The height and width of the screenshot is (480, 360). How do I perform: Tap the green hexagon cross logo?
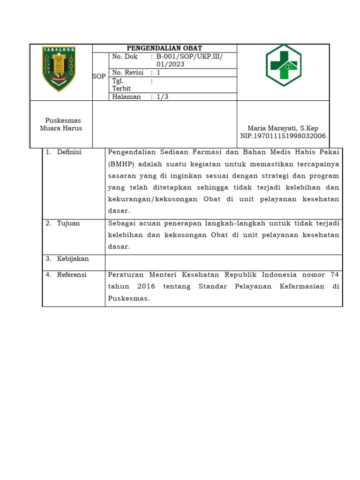[284, 65]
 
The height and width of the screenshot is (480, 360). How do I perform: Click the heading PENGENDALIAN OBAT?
[165, 48]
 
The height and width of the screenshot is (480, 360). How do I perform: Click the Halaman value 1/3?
[162, 97]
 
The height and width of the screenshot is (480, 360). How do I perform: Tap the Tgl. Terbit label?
[121, 85]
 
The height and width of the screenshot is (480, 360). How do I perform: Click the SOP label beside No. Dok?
[99, 76]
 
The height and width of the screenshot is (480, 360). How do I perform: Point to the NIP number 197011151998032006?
[283, 136]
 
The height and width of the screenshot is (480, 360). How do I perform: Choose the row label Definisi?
[69, 152]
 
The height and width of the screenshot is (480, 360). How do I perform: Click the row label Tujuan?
[68, 223]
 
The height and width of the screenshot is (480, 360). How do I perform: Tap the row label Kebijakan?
[73, 259]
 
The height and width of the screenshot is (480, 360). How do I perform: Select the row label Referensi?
[72, 275]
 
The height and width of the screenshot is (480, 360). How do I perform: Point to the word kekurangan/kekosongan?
[153, 199]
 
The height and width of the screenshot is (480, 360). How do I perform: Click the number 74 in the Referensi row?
[335, 275]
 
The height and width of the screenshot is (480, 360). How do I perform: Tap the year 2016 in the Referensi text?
[147, 286]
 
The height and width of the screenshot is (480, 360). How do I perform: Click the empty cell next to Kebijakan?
[224, 261]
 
